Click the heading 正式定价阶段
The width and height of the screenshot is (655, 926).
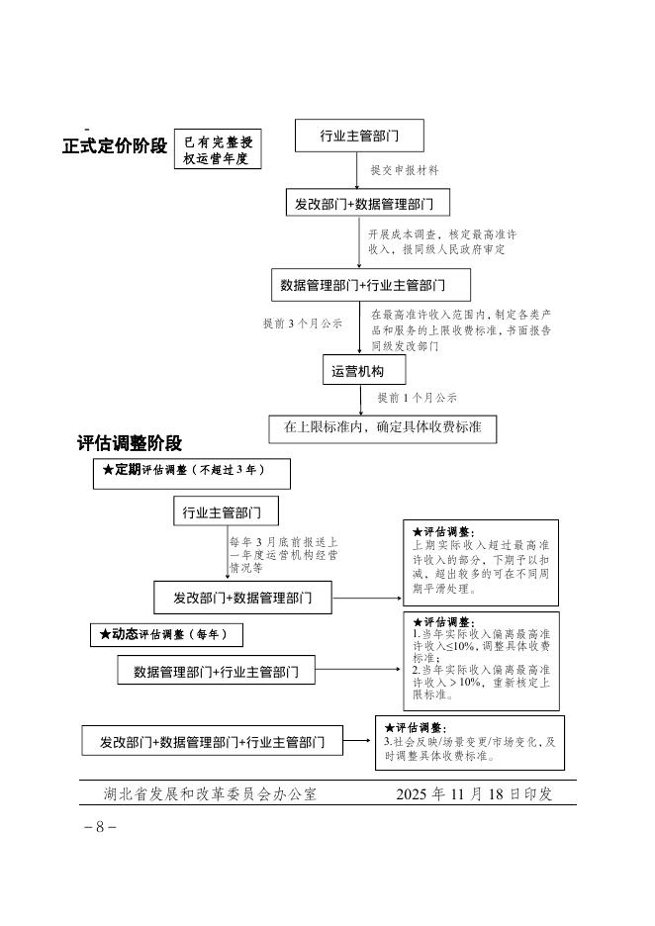[115, 146]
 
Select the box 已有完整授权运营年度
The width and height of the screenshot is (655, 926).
[218, 149]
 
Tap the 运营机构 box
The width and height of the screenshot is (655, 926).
[351, 371]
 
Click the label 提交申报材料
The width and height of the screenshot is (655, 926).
[405, 170]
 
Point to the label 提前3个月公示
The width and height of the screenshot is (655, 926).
[303, 323]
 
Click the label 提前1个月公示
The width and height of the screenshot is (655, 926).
[417, 398]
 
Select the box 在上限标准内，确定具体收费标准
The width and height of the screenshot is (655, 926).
[383, 428]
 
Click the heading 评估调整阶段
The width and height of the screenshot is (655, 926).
[130, 444]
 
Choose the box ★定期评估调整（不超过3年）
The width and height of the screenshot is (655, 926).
[192, 473]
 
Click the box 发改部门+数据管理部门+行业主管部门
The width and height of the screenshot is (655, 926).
[213, 741]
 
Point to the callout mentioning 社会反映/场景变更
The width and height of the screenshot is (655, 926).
[469, 742]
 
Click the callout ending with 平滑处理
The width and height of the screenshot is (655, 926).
[480, 562]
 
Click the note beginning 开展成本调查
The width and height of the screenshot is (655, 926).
[442, 242]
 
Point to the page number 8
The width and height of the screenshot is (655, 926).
[100, 827]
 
